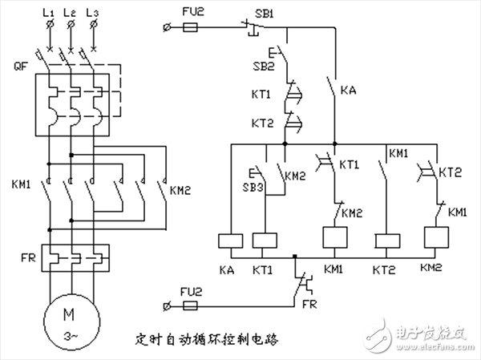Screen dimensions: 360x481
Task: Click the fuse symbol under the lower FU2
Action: click(192, 305)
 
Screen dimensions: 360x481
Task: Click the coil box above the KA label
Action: click(230, 240)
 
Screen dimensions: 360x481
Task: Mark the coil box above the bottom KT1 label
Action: click(264, 240)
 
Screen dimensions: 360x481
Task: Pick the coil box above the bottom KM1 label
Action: click(333, 238)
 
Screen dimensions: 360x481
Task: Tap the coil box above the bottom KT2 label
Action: click(388, 240)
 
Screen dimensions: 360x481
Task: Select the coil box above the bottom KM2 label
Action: click(435, 238)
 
